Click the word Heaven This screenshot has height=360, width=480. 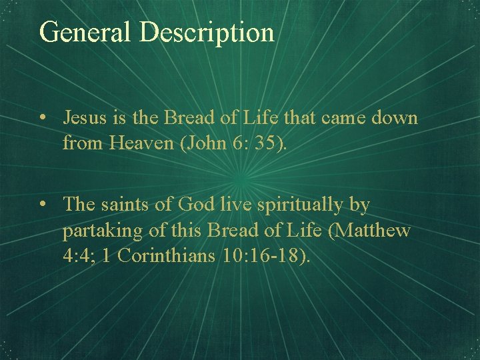click(149, 142)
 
